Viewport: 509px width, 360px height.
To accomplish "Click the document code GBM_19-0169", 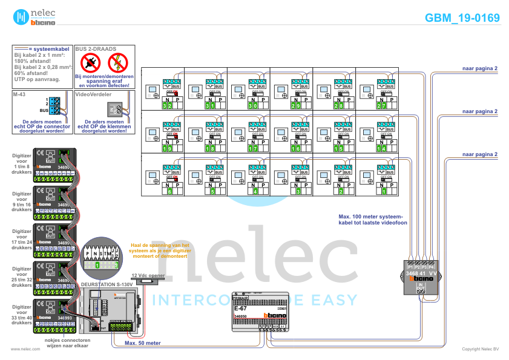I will (462, 18).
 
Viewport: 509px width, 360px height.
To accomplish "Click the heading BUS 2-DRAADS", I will (96, 48).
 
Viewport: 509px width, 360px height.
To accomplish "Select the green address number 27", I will (381, 106).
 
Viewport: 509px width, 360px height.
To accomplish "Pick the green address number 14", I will (381, 148).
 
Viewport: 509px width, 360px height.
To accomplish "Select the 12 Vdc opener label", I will (148, 275).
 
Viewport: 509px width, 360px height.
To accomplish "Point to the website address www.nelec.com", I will (21, 349).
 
